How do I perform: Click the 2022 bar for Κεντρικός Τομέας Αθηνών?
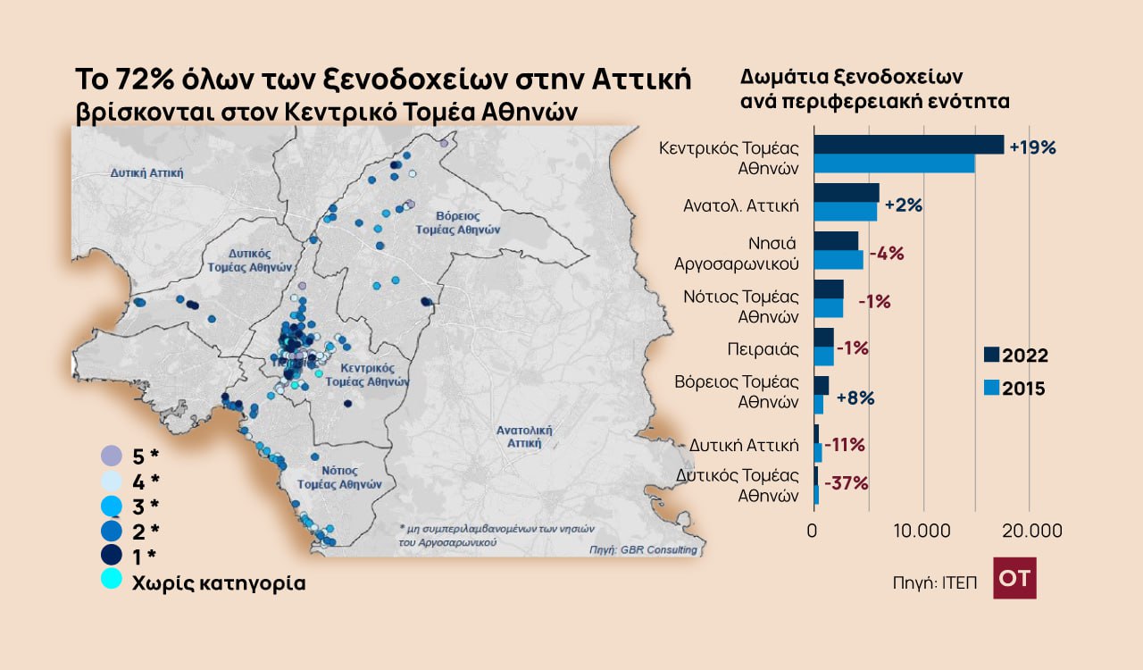coord(908,145)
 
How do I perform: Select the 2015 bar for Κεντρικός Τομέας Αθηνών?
coord(894,164)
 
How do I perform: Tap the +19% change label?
coord(1032,147)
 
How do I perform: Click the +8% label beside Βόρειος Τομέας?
coord(855,398)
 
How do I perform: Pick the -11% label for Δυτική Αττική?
coord(844,444)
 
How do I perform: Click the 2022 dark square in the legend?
coord(991,355)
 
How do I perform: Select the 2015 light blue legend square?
coord(991,388)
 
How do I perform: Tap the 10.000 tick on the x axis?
coord(921,531)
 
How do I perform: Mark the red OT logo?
coord(1014,578)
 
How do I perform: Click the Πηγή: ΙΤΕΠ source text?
coord(934,582)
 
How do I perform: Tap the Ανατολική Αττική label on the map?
coord(524,436)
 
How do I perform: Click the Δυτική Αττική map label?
coord(146,172)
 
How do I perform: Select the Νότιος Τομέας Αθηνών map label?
coord(339,476)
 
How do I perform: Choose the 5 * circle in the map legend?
coord(111,456)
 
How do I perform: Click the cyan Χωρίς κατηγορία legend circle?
coord(111,579)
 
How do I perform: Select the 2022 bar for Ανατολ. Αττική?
coord(846,192)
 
